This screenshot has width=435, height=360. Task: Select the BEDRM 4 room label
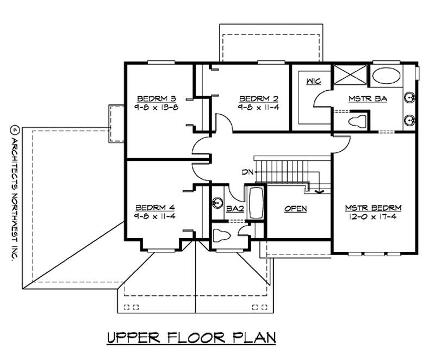155,207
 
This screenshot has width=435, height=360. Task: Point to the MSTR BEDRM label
373,208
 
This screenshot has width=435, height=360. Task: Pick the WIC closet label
313,82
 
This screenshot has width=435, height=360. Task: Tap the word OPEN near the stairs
295,208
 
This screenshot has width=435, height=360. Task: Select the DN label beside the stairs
248,172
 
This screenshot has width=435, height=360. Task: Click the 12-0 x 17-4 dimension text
373,216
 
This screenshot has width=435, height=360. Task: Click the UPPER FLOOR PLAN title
191,338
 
